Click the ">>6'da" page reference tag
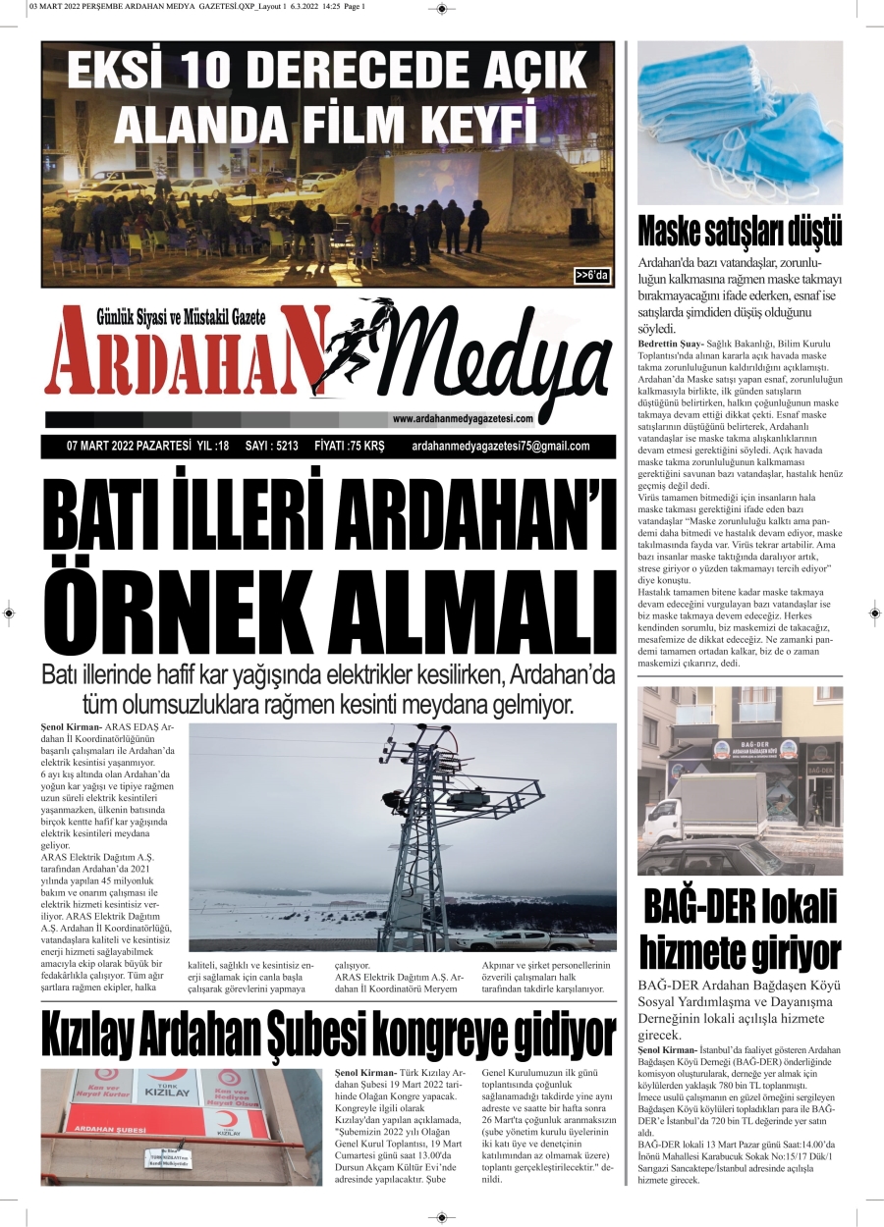click(x=592, y=276)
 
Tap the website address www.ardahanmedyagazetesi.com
click(x=462, y=419)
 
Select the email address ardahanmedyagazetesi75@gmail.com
click(x=501, y=446)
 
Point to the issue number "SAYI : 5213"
click(x=271, y=446)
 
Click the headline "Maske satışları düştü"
click(x=740, y=231)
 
